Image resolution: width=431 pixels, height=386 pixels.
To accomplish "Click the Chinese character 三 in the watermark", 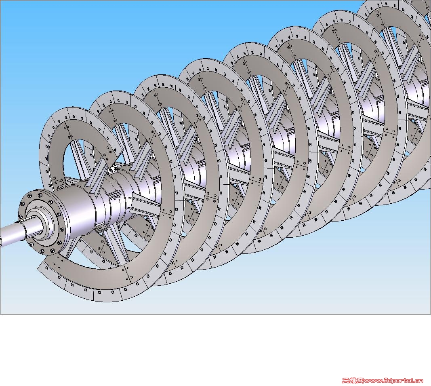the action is click(346, 381).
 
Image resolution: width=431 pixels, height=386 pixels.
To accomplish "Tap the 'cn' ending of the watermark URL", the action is click(419, 381).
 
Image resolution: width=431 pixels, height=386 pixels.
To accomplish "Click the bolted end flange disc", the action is click(41, 221).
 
